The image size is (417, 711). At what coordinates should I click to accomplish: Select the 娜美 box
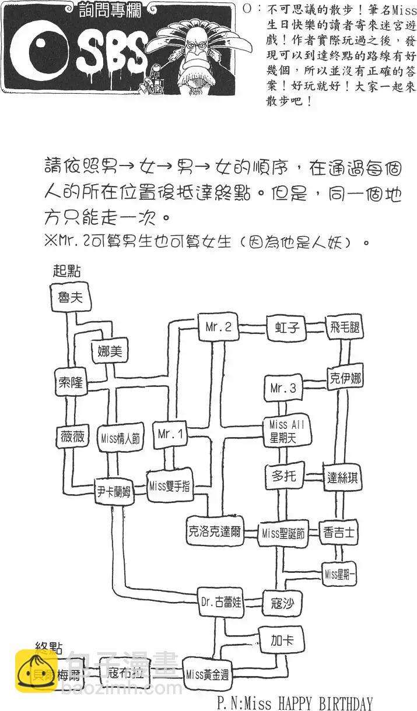coord(109,351)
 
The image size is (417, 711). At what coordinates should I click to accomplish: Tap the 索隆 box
coord(72,383)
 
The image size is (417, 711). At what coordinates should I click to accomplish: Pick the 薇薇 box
coord(72,437)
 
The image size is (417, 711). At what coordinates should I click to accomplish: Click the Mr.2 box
coord(219,328)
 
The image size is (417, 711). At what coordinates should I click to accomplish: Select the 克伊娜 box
coord(344,379)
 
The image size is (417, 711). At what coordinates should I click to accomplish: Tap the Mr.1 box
coord(171,434)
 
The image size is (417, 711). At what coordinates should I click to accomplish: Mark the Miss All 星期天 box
coord(286,432)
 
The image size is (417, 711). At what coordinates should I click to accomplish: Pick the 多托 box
coord(284,476)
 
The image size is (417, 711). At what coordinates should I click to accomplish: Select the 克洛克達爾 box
coord(215,531)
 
